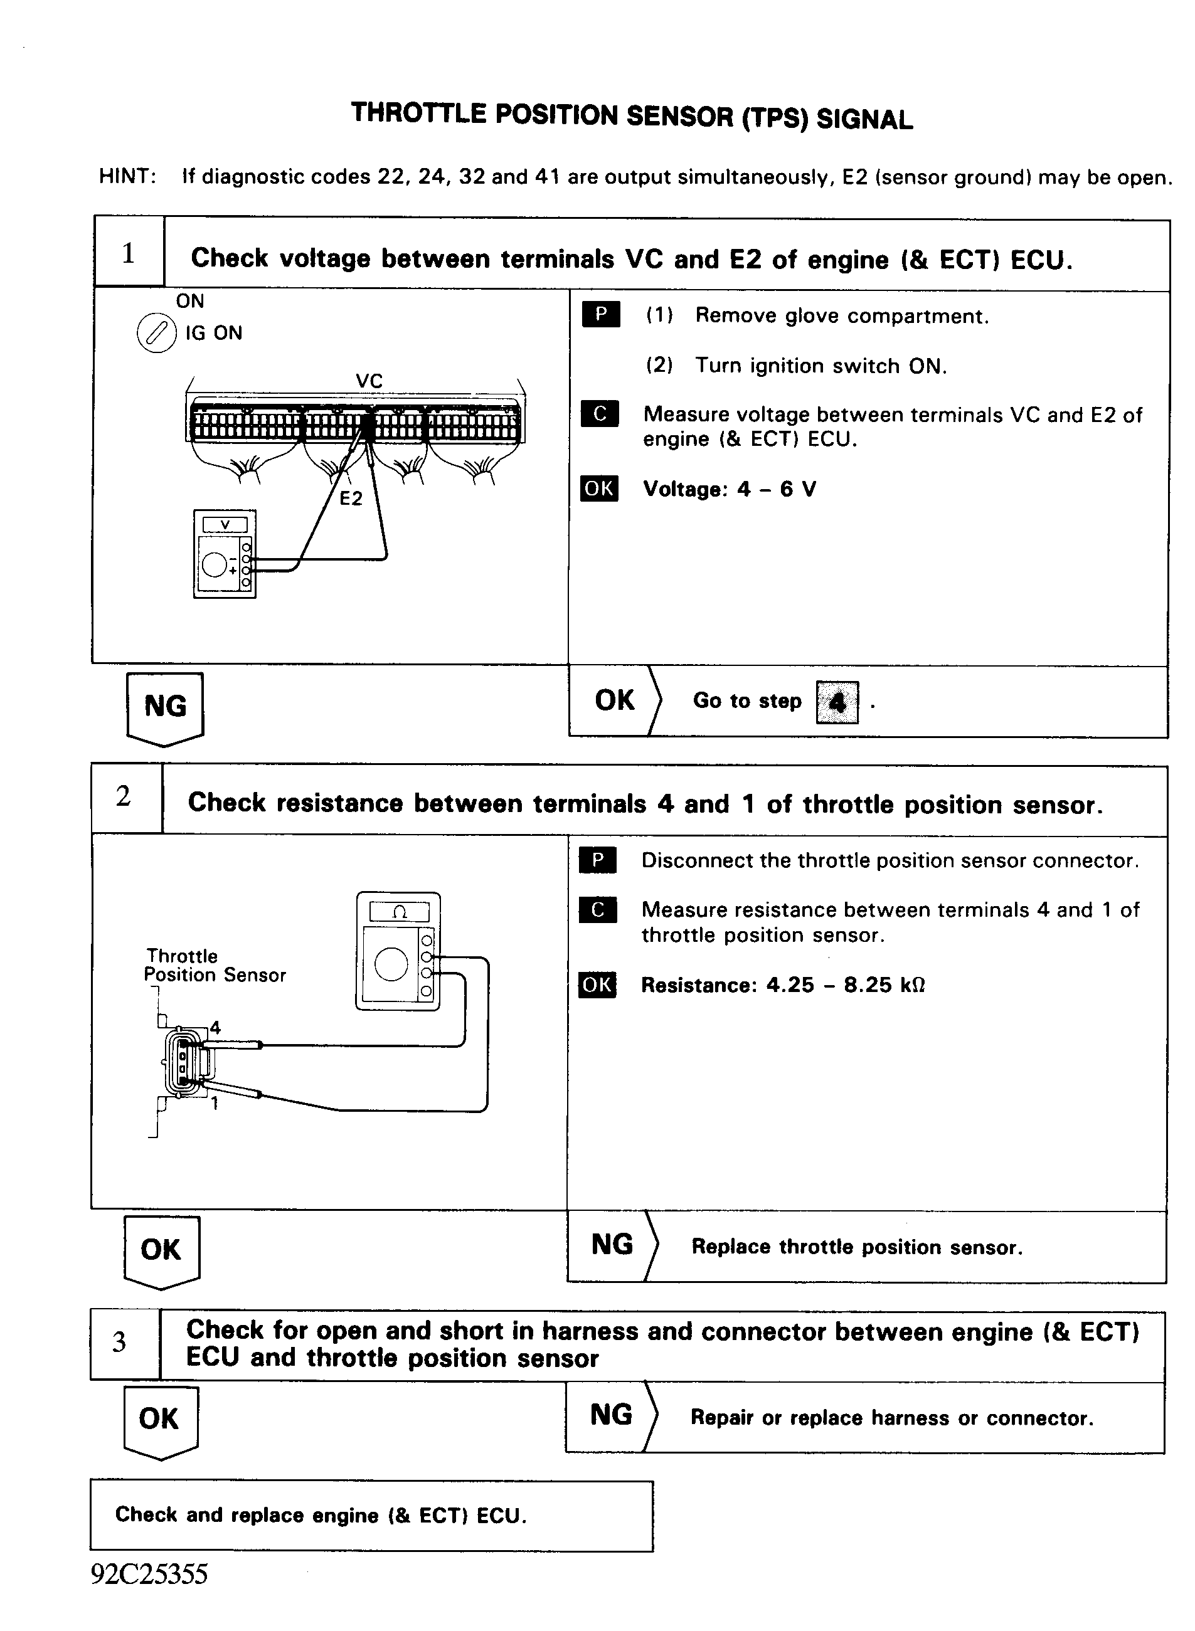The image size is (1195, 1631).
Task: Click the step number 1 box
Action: pyautogui.click(x=129, y=254)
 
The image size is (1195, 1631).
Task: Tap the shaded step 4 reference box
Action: pyautogui.click(x=837, y=702)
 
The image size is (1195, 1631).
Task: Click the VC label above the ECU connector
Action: pyautogui.click(x=369, y=381)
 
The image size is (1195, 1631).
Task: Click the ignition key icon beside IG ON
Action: pyautogui.click(x=156, y=333)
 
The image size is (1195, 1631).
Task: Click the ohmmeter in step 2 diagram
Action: pyautogui.click(x=398, y=951)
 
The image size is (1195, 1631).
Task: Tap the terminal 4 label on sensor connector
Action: pyautogui.click(x=215, y=1027)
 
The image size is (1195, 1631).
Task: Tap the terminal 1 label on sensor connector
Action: pyautogui.click(x=215, y=1103)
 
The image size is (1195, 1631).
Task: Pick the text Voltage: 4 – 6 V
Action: pyautogui.click(x=729, y=490)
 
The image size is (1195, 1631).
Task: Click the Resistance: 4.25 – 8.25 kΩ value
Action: pyautogui.click(x=783, y=985)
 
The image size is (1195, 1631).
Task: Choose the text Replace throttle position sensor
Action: pyautogui.click(x=856, y=1247)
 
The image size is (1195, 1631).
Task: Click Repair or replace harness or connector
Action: pyautogui.click(x=891, y=1418)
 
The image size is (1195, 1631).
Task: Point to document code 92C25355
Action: pyautogui.click(x=150, y=1574)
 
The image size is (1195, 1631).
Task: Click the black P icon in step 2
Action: pyautogui.click(x=597, y=860)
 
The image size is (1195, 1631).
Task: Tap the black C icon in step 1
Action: pyautogui.click(x=600, y=414)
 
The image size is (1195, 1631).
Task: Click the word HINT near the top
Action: pyautogui.click(x=127, y=176)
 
